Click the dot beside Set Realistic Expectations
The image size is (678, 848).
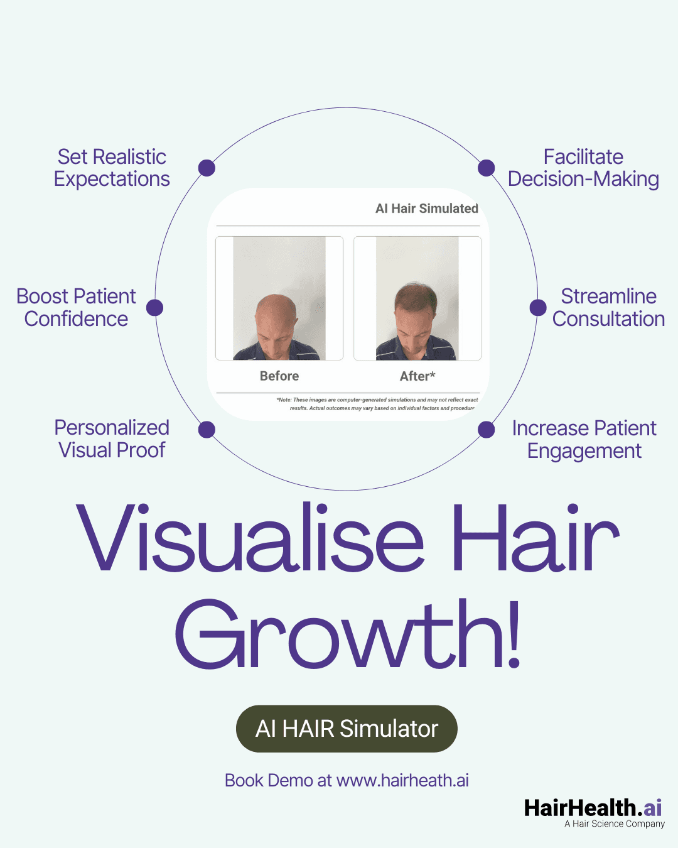(207, 168)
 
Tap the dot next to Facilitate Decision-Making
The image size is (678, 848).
(486, 168)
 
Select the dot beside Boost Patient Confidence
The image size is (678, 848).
(154, 308)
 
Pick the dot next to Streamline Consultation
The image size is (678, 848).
(538, 307)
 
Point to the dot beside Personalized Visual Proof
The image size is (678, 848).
(207, 430)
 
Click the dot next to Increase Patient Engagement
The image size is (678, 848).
(486, 430)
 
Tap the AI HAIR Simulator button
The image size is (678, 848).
(347, 729)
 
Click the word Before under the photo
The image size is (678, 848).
(279, 376)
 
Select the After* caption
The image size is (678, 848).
(417, 376)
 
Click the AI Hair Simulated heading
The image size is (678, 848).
(427, 209)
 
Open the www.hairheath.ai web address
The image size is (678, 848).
(402, 780)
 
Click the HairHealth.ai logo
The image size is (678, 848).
(593, 807)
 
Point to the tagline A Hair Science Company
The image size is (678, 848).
(614, 824)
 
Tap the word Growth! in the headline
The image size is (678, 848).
(348, 634)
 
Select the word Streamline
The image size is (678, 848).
(608, 296)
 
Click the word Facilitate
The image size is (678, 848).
(583, 156)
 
